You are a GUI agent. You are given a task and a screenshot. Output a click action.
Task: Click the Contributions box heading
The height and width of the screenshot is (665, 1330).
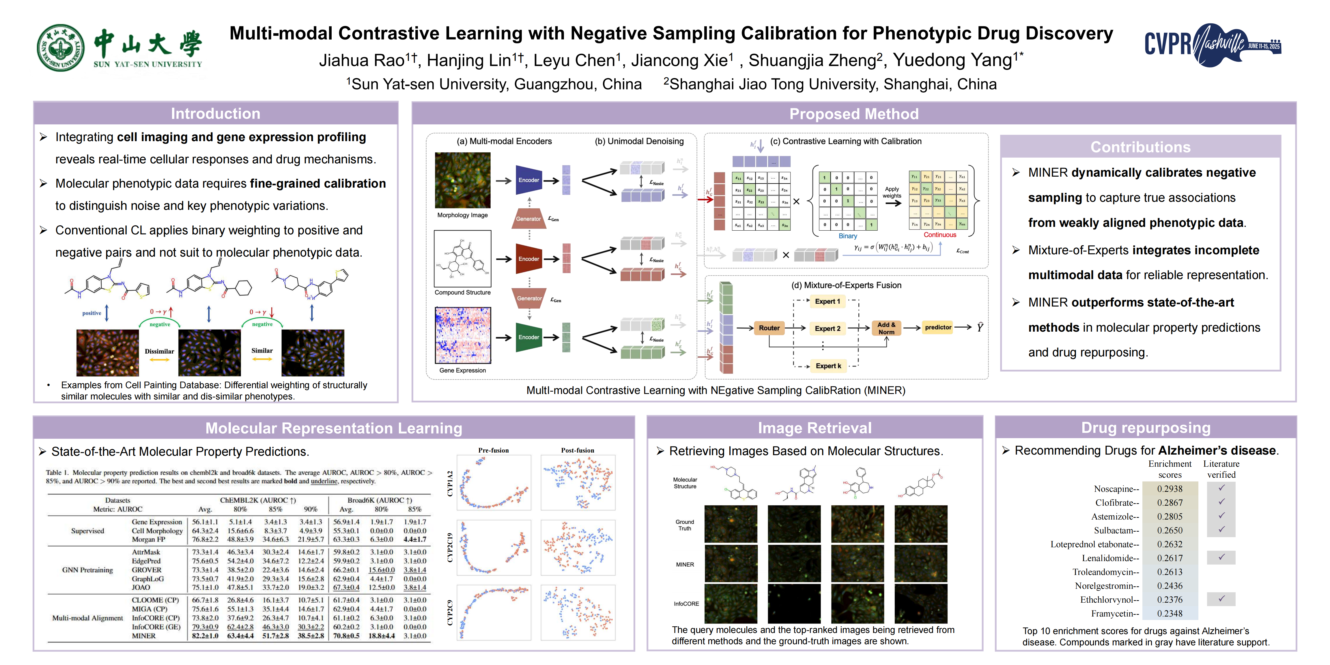click(x=1140, y=147)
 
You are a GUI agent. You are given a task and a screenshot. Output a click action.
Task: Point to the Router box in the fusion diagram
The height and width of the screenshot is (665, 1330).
click(x=769, y=328)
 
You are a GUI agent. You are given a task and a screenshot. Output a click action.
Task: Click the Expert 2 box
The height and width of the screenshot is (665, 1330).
click(x=827, y=328)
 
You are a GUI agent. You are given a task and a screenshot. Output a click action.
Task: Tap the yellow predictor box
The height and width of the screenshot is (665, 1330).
click(x=937, y=327)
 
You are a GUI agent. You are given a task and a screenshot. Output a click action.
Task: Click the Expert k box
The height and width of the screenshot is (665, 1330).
click(x=828, y=366)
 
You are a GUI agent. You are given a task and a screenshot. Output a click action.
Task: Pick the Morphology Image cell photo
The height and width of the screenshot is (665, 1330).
click(x=463, y=180)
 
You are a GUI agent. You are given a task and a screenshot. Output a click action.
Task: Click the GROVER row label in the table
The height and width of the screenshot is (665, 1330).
click(x=147, y=570)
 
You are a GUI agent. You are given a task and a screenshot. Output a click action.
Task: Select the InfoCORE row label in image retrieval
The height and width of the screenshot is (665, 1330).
click(x=686, y=604)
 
